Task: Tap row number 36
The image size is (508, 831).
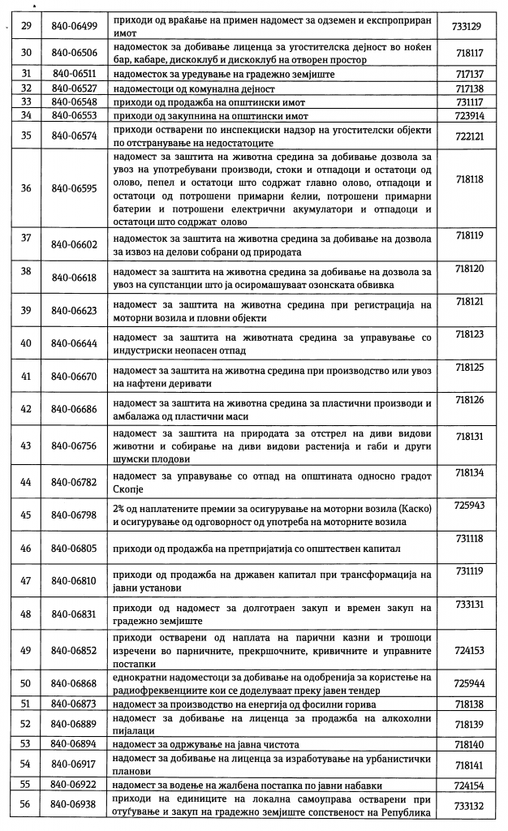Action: click(x=26, y=188)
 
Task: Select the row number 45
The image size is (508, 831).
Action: click(x=26, y=515)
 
